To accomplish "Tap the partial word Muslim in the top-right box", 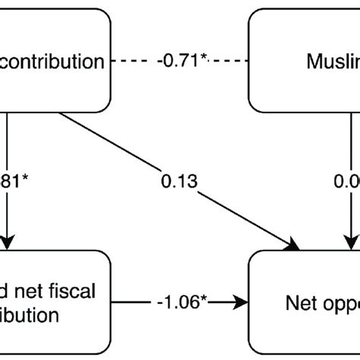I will [331, 61].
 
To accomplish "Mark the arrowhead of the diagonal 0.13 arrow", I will [293, 245].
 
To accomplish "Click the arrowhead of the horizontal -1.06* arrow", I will [245, 280].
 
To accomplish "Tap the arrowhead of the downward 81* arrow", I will [8, 243].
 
